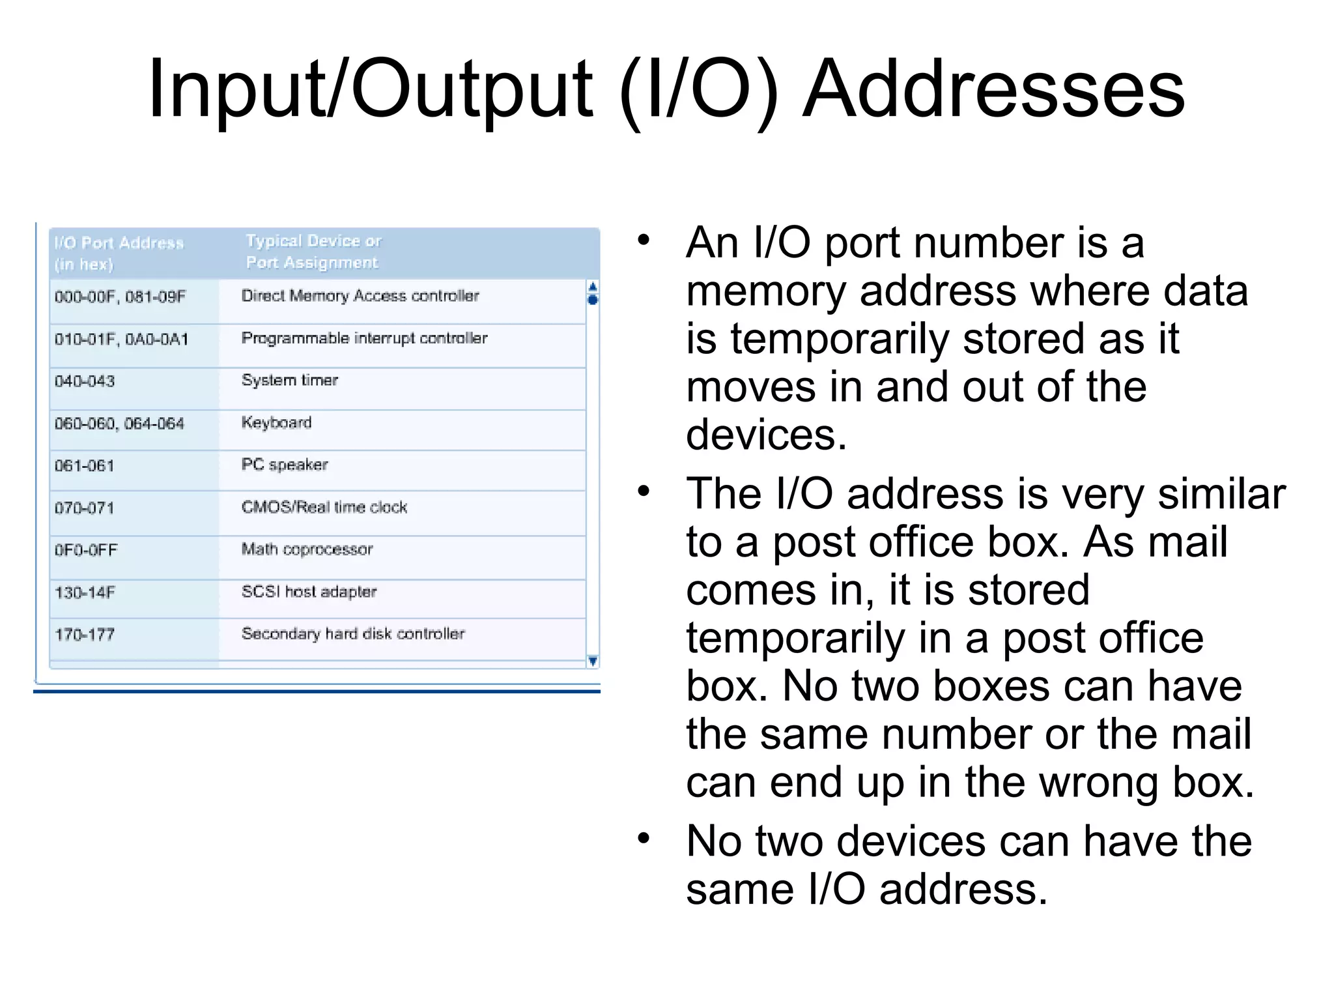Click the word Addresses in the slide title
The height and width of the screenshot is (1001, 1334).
pos(993,89)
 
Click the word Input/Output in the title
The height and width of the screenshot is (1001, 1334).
pos(370,89)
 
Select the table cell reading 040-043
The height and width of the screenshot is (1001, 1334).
pos(85,381)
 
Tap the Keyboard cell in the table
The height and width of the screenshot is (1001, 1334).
pos(276,423)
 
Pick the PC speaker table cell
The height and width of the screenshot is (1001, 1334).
pos(285,465)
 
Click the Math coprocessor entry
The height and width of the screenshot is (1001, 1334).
pos(307,549)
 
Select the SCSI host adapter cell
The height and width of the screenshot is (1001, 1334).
pos(309,592)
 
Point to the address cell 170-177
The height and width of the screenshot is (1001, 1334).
pos(85,635)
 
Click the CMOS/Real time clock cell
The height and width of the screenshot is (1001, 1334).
pos(324,507)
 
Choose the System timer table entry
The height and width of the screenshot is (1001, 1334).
pos(289,381)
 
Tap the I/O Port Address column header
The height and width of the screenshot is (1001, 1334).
pos(119,253)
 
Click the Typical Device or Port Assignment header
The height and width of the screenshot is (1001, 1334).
pos(313,252)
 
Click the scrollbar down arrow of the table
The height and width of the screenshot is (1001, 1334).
pos(593,661)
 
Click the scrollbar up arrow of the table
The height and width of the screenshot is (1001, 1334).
pos(593,286)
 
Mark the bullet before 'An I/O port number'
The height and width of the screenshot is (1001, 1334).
pos(644,240)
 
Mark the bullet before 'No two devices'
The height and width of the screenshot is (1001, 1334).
pos(644,839)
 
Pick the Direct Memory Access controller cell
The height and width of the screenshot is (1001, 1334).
pos(360,296)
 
